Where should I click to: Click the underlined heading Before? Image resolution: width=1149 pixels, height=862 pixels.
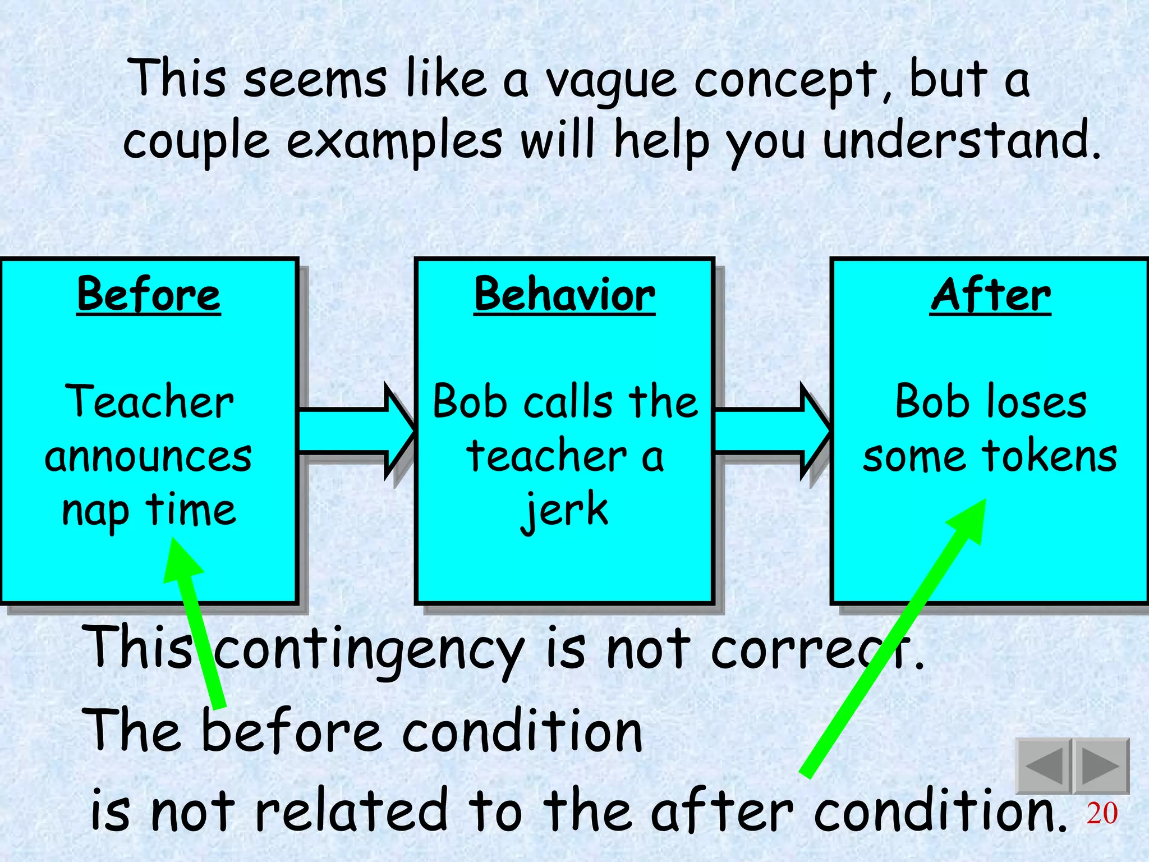pyautogui.click(x=149, y=295)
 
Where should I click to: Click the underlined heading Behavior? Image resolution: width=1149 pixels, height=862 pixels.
pyautogui.click(x=564, y=295)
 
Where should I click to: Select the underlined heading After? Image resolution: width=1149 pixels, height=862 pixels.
pyautogui.click(x=990, y=295)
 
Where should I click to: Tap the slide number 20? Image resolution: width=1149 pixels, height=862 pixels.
pyautogui.click(x=1102, y=813)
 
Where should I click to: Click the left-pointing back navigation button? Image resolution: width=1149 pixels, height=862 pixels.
pyautogui.click(x=1044, y=766)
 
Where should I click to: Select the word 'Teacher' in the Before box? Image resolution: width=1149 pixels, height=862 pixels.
pyautogui.click(x=149, y=402)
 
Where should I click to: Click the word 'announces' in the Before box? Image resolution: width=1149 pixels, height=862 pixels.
pyautogui.click(x=149, y=456)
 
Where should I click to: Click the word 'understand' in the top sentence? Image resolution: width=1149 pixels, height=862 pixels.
pyautogui.click(x=954, y=140)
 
